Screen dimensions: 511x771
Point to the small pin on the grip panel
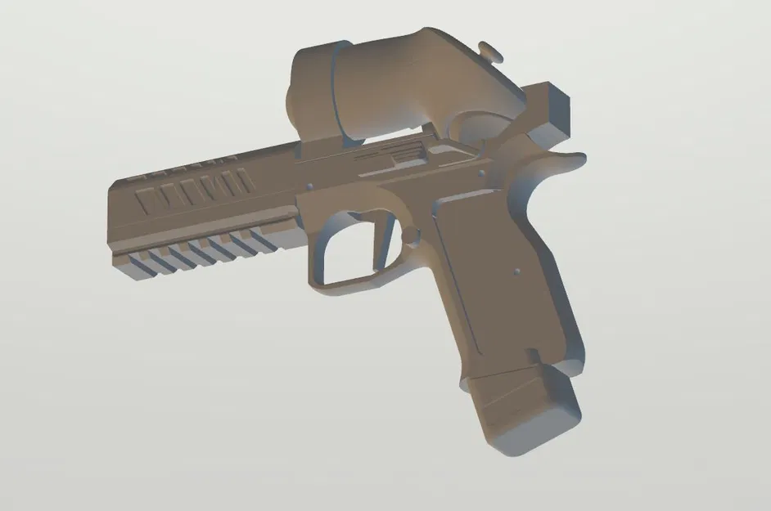tap(518, 271)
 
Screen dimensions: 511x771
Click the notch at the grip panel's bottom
tap(535, 356)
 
